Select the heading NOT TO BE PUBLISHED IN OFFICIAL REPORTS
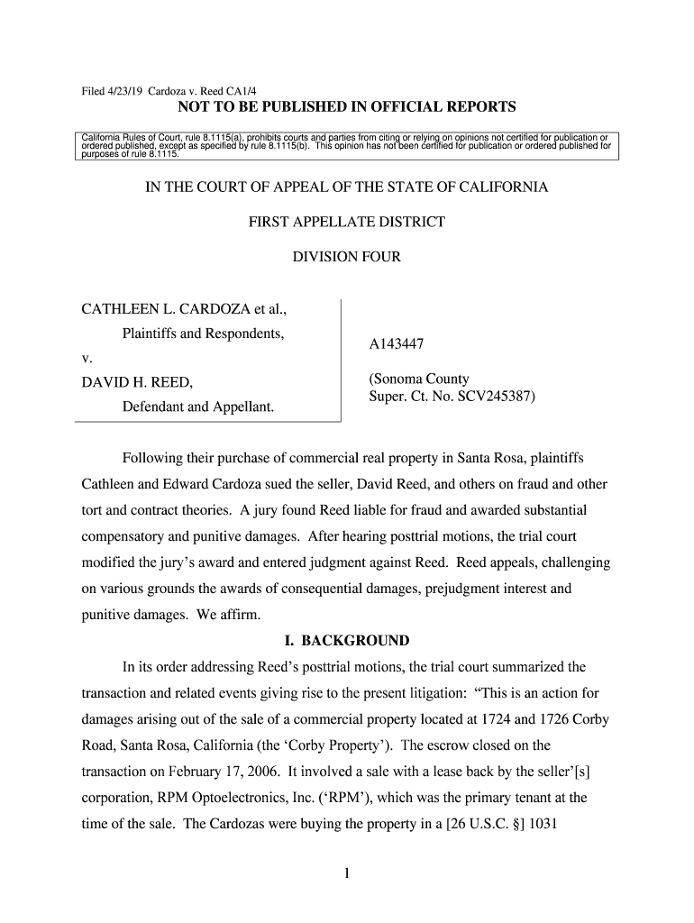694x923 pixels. pyautogui.click(x=347, y=108)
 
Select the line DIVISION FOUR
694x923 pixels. pyautogui.click(x=347, y=257)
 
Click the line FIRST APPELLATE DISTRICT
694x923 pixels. pyautogui.click(x=347, y=222)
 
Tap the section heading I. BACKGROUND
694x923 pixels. pyautogui.click(x=347, y=641)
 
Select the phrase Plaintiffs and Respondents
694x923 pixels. pyautogui.click(x=203, y=335)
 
